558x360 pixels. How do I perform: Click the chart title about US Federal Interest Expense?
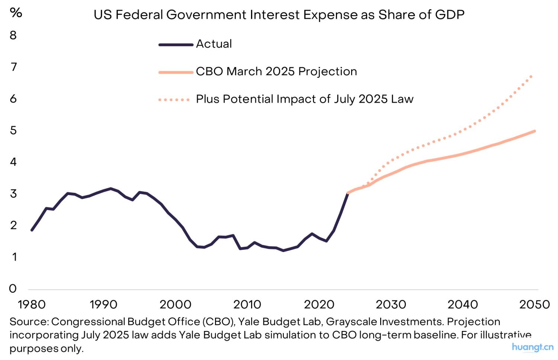[279, 15]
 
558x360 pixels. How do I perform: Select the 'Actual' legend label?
[214, 44]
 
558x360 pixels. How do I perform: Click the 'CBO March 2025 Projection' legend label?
[276, 71]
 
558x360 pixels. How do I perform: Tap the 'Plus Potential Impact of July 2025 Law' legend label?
[305, 99]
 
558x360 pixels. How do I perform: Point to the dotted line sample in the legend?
[174, 100]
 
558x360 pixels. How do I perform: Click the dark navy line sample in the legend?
[176, 45]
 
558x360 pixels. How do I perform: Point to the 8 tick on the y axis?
[13, 35]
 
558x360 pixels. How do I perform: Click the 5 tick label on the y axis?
[13, 130]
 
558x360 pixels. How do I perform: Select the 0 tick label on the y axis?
[13, 289]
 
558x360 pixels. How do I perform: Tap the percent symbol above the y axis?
[16, 13]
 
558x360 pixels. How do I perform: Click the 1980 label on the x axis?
[32, 305]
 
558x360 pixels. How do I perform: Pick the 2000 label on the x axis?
[175, 305]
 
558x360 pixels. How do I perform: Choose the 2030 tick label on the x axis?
[391, 305]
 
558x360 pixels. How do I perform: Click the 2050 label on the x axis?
[534, 305]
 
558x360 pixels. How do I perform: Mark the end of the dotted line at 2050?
[532, 76]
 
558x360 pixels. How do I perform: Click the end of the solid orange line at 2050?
[535, 131]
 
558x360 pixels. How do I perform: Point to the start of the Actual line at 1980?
[32, 230]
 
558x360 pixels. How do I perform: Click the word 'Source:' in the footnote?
[29, 322]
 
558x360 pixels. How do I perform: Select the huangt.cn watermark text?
[532, 347]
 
